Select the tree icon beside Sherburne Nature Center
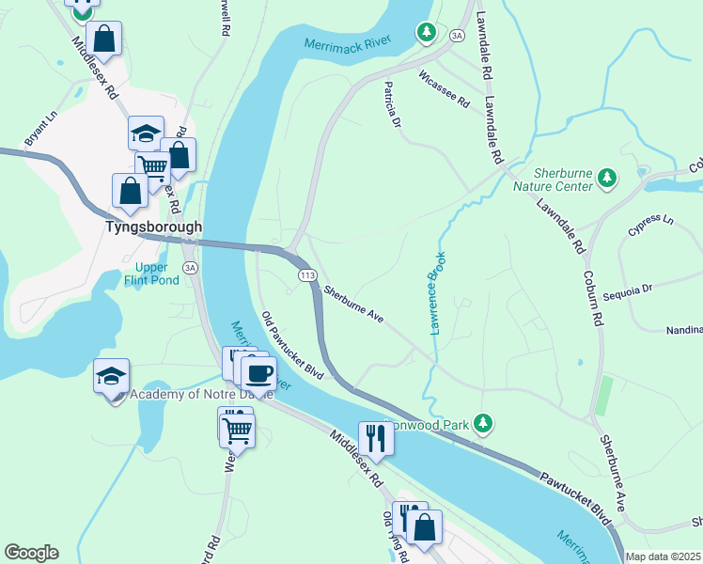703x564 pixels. (608, 176)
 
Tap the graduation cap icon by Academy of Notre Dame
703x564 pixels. (111, 377)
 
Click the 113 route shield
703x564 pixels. (307, 274)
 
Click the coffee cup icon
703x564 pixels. (258, 372)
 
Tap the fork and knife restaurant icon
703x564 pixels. (375, 438)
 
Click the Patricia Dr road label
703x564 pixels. (392, 104)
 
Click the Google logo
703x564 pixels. (31, 553)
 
